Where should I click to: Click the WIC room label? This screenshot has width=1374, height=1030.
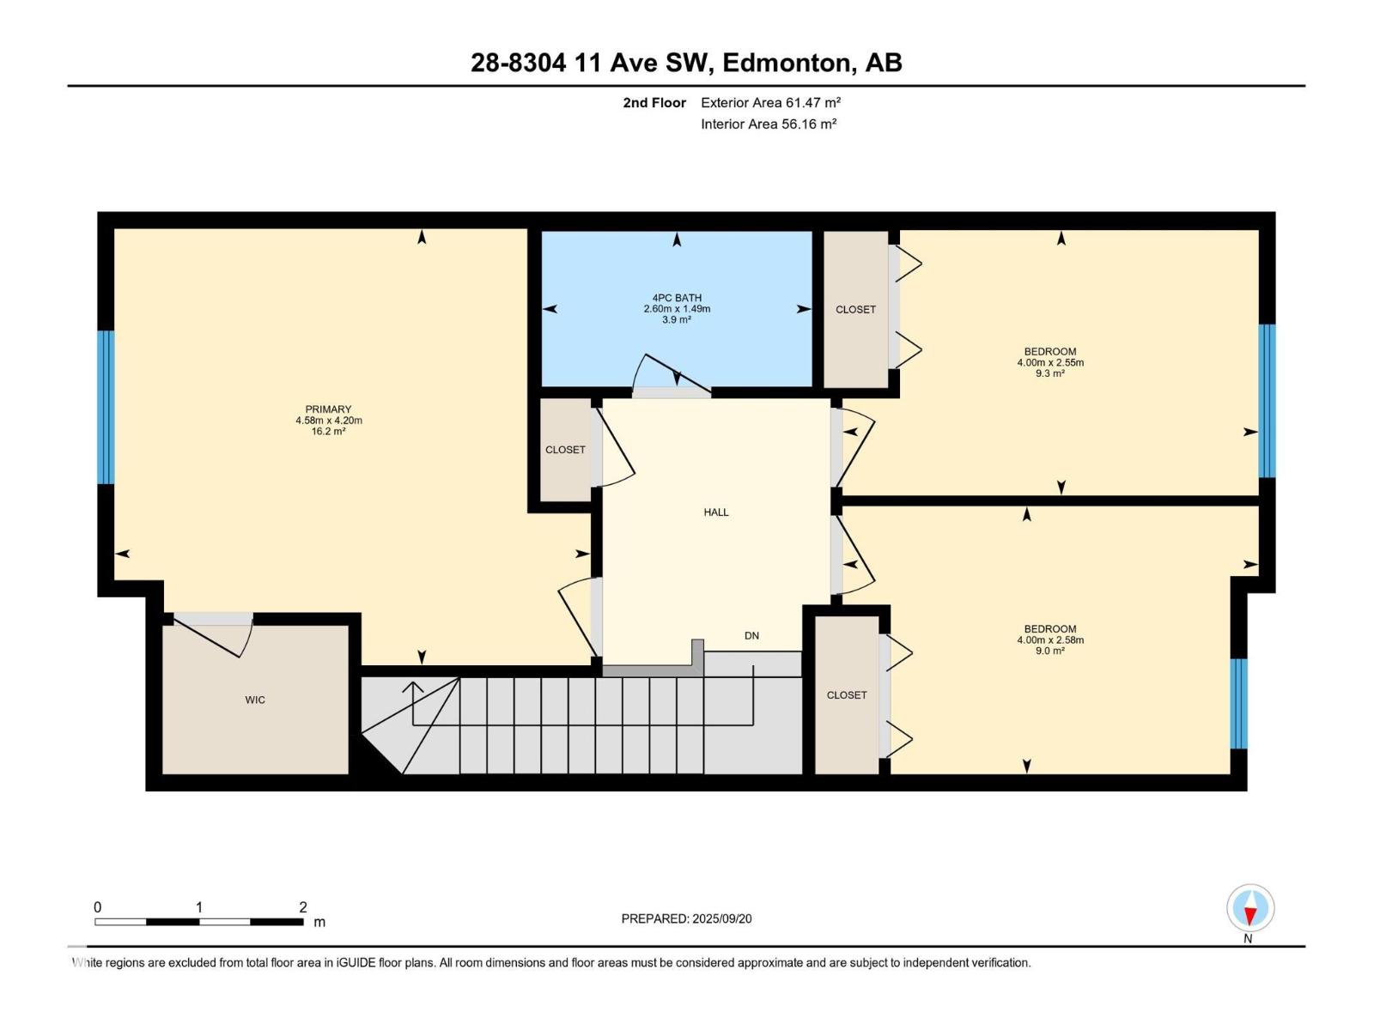coord(255,700)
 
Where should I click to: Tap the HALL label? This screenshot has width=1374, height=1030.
coord(716,512)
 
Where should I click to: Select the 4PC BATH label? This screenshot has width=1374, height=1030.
coord(677,299)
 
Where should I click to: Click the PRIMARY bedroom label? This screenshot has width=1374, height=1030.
coord(329,409)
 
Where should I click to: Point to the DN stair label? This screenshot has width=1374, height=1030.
coord(751,636)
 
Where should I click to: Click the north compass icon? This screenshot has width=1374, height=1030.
coord(1250,907)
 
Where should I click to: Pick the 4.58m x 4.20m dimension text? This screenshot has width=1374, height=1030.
coord(329,421)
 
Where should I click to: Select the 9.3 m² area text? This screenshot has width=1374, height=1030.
coord(1050,373)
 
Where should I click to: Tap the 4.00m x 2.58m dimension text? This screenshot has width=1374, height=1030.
coord(1050,639)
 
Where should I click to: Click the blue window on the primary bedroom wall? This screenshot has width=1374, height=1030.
coord(106,407)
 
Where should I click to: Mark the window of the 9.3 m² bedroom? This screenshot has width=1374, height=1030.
coord(1267,401)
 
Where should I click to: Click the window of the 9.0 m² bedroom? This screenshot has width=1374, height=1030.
coord(1239,704)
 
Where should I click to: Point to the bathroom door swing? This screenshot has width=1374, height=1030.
coord(671,375)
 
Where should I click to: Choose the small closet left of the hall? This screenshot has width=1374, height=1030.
coord(565,450)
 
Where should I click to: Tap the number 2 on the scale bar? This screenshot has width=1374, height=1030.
coord(303,906)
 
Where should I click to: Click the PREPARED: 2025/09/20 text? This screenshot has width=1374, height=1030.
coord(687,918)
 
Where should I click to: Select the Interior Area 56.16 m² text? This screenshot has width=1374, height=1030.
coord(769,124)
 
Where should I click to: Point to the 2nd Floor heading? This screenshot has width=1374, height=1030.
coord(654,102)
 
